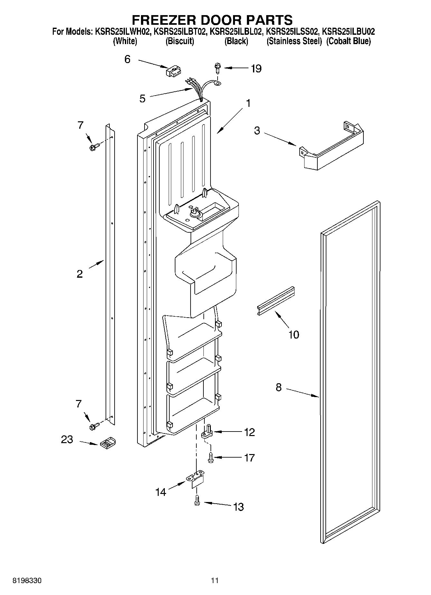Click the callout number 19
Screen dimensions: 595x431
[x=256, y=69]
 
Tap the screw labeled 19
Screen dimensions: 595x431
[x=217, y=68]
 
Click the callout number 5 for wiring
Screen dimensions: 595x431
[x=142, y=98]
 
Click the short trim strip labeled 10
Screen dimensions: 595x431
[x=276, y=300]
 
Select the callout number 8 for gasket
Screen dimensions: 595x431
[x=278, y=387]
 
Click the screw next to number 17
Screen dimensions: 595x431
[x=211, y=457]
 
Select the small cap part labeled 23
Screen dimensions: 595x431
[x=108, y=442]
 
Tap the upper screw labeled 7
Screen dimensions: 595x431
[x=94, y=147]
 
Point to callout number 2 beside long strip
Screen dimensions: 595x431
[x=80, y=274]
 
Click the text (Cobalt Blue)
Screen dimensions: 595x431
[x=348, y=41]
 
